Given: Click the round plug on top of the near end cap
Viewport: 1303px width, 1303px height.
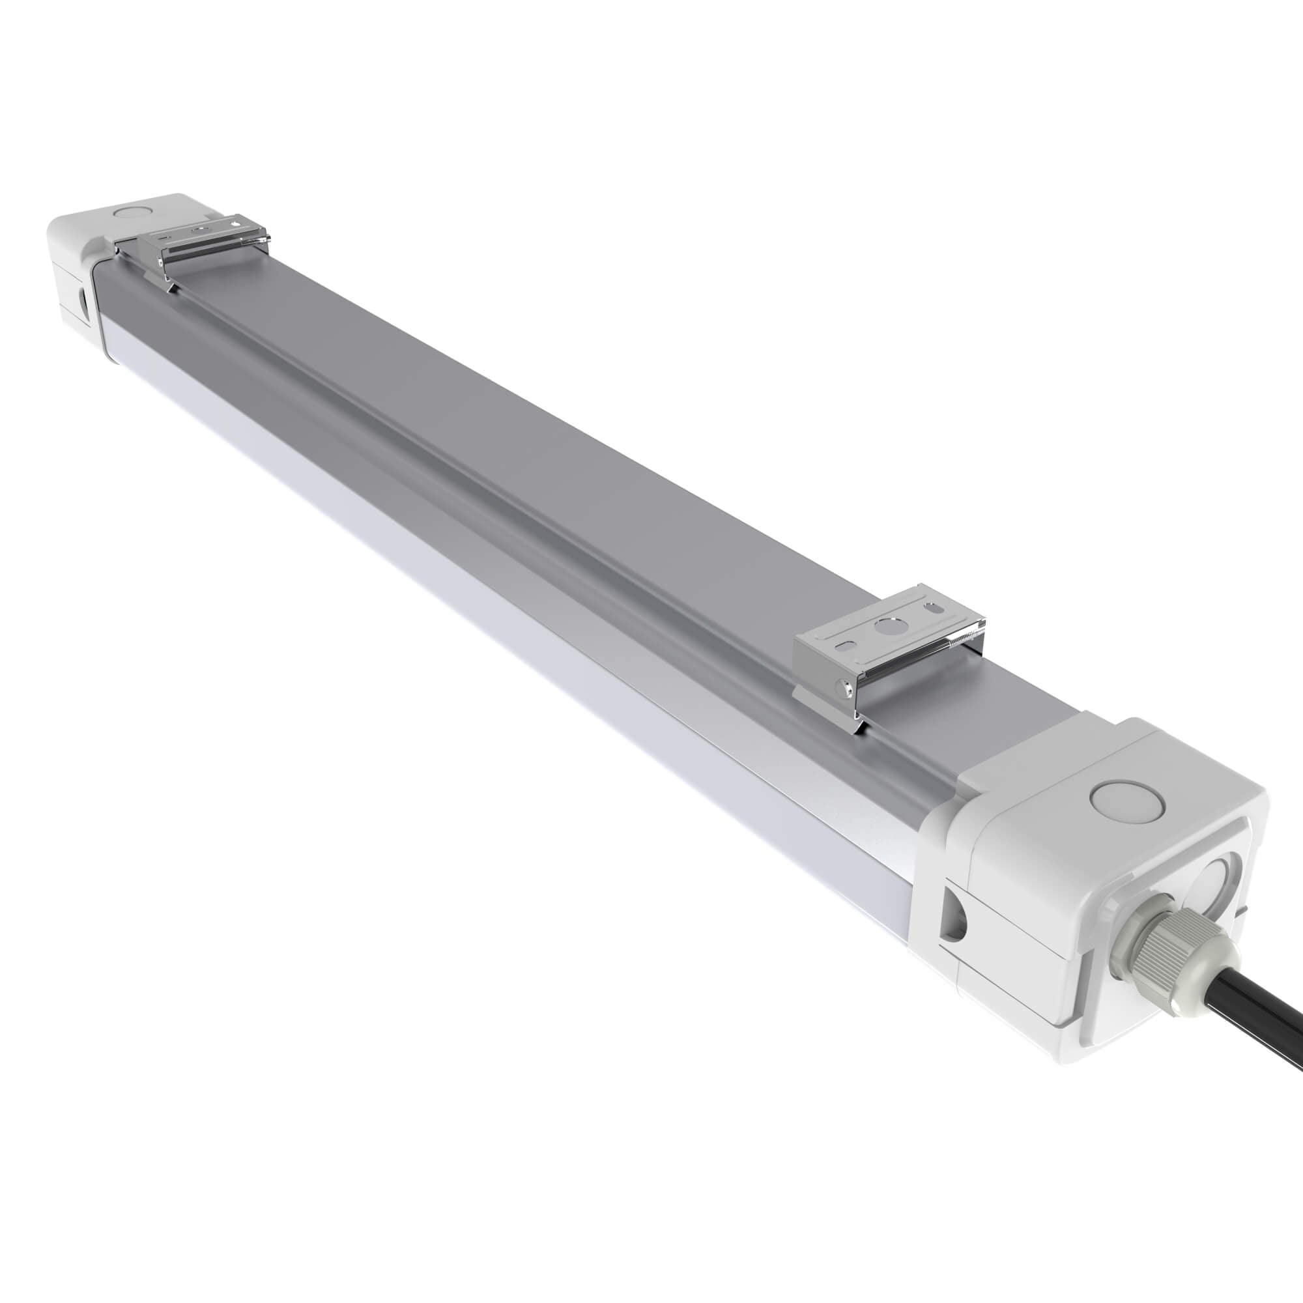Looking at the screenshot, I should tap(1126, 806).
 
